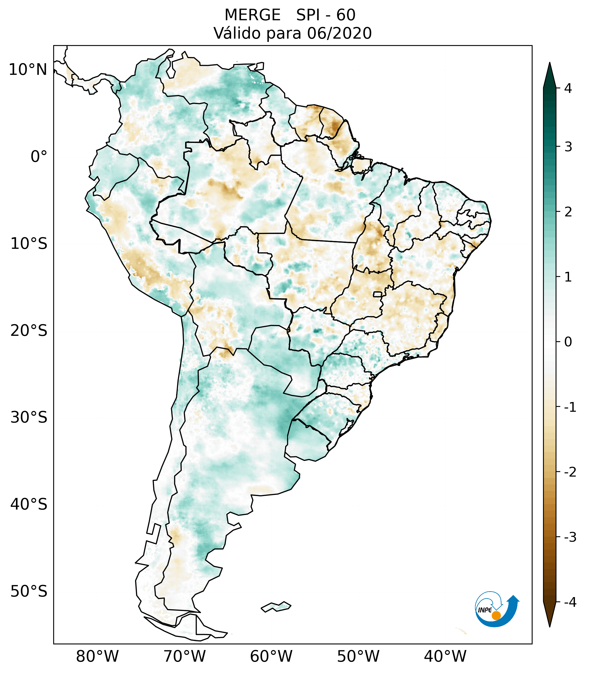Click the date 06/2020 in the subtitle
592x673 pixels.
point(339,33)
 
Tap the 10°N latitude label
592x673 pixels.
point(28,70)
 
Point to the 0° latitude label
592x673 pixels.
point(39,157)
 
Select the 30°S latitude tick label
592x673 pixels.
point(29,417)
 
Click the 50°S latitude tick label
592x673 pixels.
point(29,591)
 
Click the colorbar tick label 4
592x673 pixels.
point(568,88)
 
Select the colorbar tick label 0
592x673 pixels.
point(568,342)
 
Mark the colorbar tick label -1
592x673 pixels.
point(570,407)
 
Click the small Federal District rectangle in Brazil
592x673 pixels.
point(378,294)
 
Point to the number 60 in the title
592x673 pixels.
point(346,15)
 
